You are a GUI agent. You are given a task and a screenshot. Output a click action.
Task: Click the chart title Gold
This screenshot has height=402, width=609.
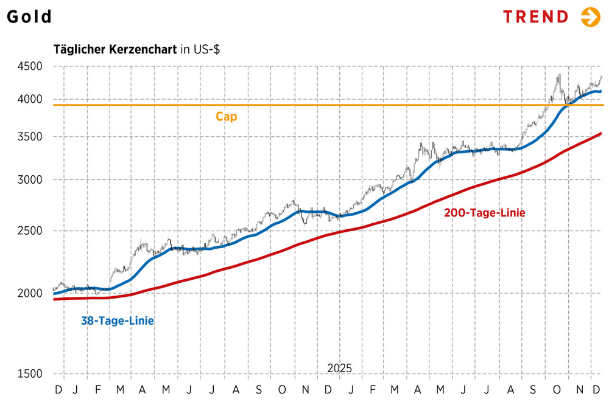[29, 17]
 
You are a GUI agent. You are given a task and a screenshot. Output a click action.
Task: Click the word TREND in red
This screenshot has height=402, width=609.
[535, 17]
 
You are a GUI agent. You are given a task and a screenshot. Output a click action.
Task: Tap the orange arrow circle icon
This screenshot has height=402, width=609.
[590, 17]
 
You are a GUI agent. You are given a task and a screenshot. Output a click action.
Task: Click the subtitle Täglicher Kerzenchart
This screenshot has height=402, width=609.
[115, 49]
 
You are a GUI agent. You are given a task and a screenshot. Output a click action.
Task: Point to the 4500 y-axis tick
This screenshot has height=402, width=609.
[30, 66]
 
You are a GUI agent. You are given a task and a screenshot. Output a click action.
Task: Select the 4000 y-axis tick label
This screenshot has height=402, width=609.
[30, 99]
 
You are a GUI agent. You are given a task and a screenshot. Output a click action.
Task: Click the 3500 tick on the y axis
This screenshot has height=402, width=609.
[30, 137]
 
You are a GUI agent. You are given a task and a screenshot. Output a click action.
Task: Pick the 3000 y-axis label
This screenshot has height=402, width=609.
[30, 180]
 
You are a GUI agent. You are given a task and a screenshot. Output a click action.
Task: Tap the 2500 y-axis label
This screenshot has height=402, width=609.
[30, 231]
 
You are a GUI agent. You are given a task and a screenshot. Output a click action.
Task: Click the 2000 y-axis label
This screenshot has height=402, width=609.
[30, 294]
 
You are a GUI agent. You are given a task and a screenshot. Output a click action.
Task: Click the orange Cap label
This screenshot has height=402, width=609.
[226, 117]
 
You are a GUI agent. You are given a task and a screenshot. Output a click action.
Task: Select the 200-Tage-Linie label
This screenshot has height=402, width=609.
[485, 213]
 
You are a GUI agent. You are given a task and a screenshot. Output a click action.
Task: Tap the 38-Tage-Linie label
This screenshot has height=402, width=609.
[118, 321]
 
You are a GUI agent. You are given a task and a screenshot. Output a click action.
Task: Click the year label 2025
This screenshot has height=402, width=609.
[339, 369]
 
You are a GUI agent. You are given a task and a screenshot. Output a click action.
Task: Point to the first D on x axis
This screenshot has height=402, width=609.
[58, 389]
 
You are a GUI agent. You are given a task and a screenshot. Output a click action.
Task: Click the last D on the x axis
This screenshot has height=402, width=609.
[596, 389]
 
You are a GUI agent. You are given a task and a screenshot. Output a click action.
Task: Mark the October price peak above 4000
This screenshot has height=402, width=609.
[558, 75]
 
